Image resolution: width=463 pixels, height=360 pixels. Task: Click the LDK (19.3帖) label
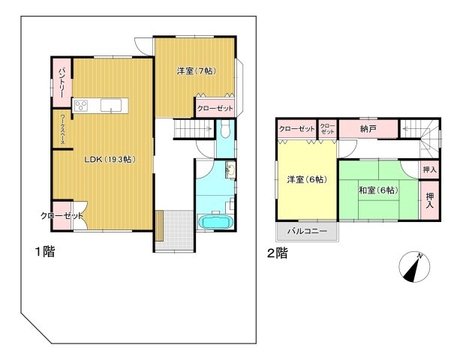[109, 159]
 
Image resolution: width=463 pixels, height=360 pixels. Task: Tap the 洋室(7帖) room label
[197, 71]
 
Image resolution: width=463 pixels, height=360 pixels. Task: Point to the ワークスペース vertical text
[62, 129]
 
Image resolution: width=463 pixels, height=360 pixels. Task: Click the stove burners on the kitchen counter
[81, 106]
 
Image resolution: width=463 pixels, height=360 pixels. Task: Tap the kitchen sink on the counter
[111, 106]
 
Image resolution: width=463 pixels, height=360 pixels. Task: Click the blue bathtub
[216, 223]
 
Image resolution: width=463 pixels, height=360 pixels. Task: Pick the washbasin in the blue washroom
[230, 172]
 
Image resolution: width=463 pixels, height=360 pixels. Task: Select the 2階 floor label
[277, 253]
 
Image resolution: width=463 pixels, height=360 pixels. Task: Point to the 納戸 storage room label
[368, 130]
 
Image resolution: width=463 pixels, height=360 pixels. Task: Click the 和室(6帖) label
[377, 190]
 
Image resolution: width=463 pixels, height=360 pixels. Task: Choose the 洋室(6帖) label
[306, 180]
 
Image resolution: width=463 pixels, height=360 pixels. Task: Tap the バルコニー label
[308, 231]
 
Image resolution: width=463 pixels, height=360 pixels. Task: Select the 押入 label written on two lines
[431, 199]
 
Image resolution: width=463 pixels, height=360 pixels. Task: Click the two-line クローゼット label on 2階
[327, 128]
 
